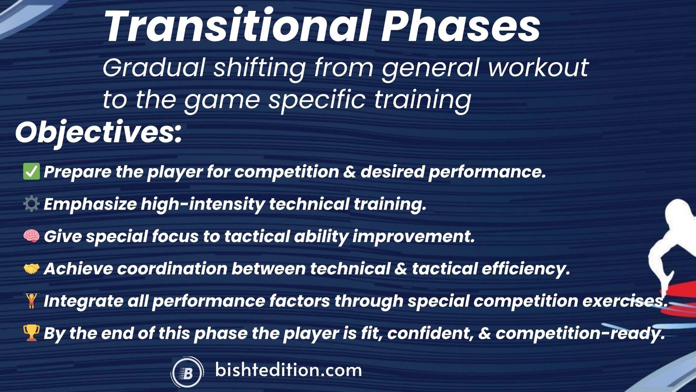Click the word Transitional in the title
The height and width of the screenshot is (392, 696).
(237, 27)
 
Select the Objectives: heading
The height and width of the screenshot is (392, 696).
(98, 134)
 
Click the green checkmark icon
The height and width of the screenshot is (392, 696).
(31, 172)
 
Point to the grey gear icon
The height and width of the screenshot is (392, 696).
(31, 204)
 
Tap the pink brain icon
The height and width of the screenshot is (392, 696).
(31, 236)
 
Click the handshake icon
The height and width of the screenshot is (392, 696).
(31, 268)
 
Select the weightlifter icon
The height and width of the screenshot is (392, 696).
(31, 301)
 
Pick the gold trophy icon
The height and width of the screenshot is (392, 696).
(31, 333)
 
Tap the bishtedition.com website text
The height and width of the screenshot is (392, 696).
(288, 370)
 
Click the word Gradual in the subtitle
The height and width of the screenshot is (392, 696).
(154, 68)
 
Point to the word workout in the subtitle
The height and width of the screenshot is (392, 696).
(538, 68)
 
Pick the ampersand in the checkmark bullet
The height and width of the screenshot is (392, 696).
(349, 172)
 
